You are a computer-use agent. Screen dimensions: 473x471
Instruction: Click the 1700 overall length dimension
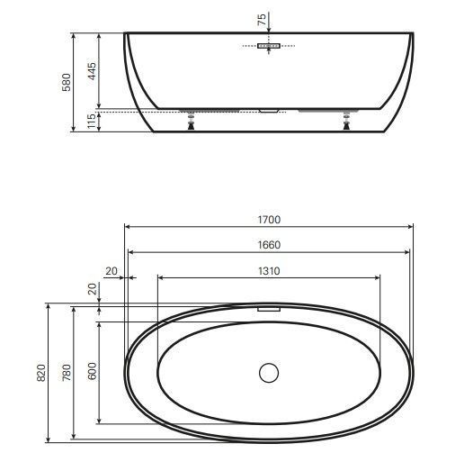pos(269,220)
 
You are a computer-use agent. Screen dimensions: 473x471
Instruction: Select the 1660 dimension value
pos(269,245)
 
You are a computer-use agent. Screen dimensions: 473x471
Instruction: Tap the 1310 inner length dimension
pos(269,271)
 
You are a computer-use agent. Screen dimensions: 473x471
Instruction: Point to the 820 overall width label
pos(41,373)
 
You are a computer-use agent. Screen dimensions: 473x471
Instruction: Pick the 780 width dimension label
pos(67,373)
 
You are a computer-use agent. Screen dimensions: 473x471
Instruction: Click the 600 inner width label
pos(92,371)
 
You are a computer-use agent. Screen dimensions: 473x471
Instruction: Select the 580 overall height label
pos(66,82)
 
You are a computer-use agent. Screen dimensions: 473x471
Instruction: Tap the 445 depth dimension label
pos(92,71)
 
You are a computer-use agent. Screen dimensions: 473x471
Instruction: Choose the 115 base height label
pos(92,121)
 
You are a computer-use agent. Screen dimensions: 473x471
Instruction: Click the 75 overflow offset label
pos(262,19)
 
